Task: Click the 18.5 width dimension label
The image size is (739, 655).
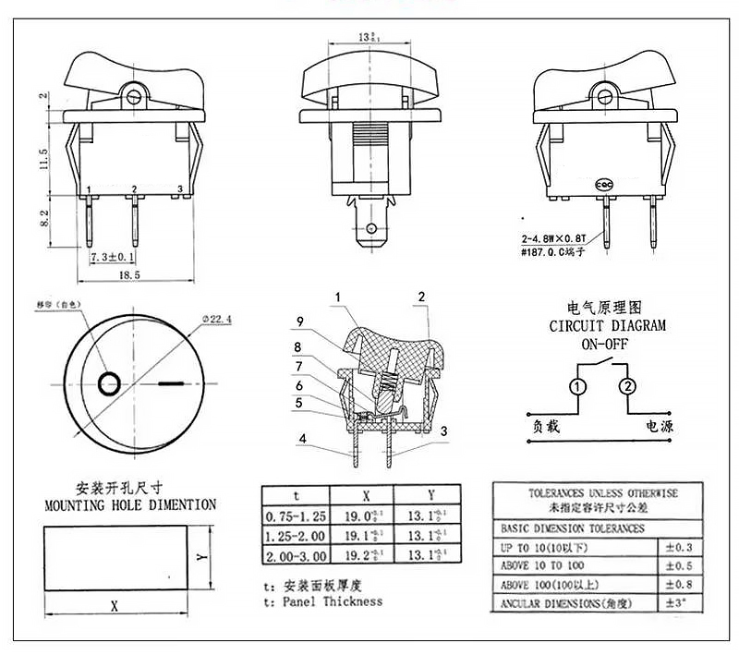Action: (x=129, y=275)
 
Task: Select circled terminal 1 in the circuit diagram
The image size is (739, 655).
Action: (x=577, y=386)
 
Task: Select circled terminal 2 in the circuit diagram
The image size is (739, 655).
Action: (x=627, y=386)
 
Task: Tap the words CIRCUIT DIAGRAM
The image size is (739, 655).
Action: (x=607, y=325)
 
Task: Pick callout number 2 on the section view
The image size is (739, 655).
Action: (x=421, y=297)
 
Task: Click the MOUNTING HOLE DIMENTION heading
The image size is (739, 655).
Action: (x=130, y=505)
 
